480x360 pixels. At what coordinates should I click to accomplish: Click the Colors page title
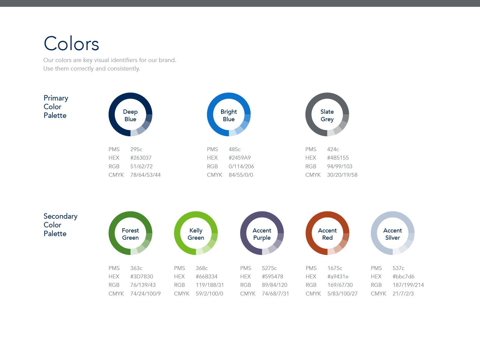(x=71, y=43)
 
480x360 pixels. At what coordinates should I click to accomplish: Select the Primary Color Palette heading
(x=56, y=107)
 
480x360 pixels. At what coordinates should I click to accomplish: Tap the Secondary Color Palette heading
(x=61, y=225)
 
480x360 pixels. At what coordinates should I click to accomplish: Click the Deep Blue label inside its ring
(x=130, y=115)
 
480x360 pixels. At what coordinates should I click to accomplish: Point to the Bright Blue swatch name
(x=229, y=115)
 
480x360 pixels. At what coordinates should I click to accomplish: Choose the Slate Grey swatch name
(x=327, y=115)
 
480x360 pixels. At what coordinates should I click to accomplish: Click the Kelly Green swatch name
(x=196, y=234)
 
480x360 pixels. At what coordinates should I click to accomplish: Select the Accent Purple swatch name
(x=262, y=234)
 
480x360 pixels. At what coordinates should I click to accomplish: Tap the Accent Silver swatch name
(x=392, y=234)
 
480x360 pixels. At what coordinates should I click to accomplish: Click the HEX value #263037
(x=141, y=158)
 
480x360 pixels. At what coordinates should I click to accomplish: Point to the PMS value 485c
(x=235, y=149)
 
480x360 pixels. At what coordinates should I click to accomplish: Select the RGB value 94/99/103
(x=340, y=166)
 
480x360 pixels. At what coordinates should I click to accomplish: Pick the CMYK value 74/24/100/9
(x=145, y=294)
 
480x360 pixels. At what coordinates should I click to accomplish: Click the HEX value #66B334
(x=207, y=277)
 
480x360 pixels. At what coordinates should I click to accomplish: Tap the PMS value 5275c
(x=269, y=268)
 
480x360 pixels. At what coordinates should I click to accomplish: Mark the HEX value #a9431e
(x=338, y=277)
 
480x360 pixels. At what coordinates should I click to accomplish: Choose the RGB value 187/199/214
(x=408, y=285)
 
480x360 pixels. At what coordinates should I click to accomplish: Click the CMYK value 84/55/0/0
(x=241, y=175)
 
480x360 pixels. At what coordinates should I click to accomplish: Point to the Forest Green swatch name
(x=130, y=234)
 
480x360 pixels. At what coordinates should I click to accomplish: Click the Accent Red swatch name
(x=327, y=234)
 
